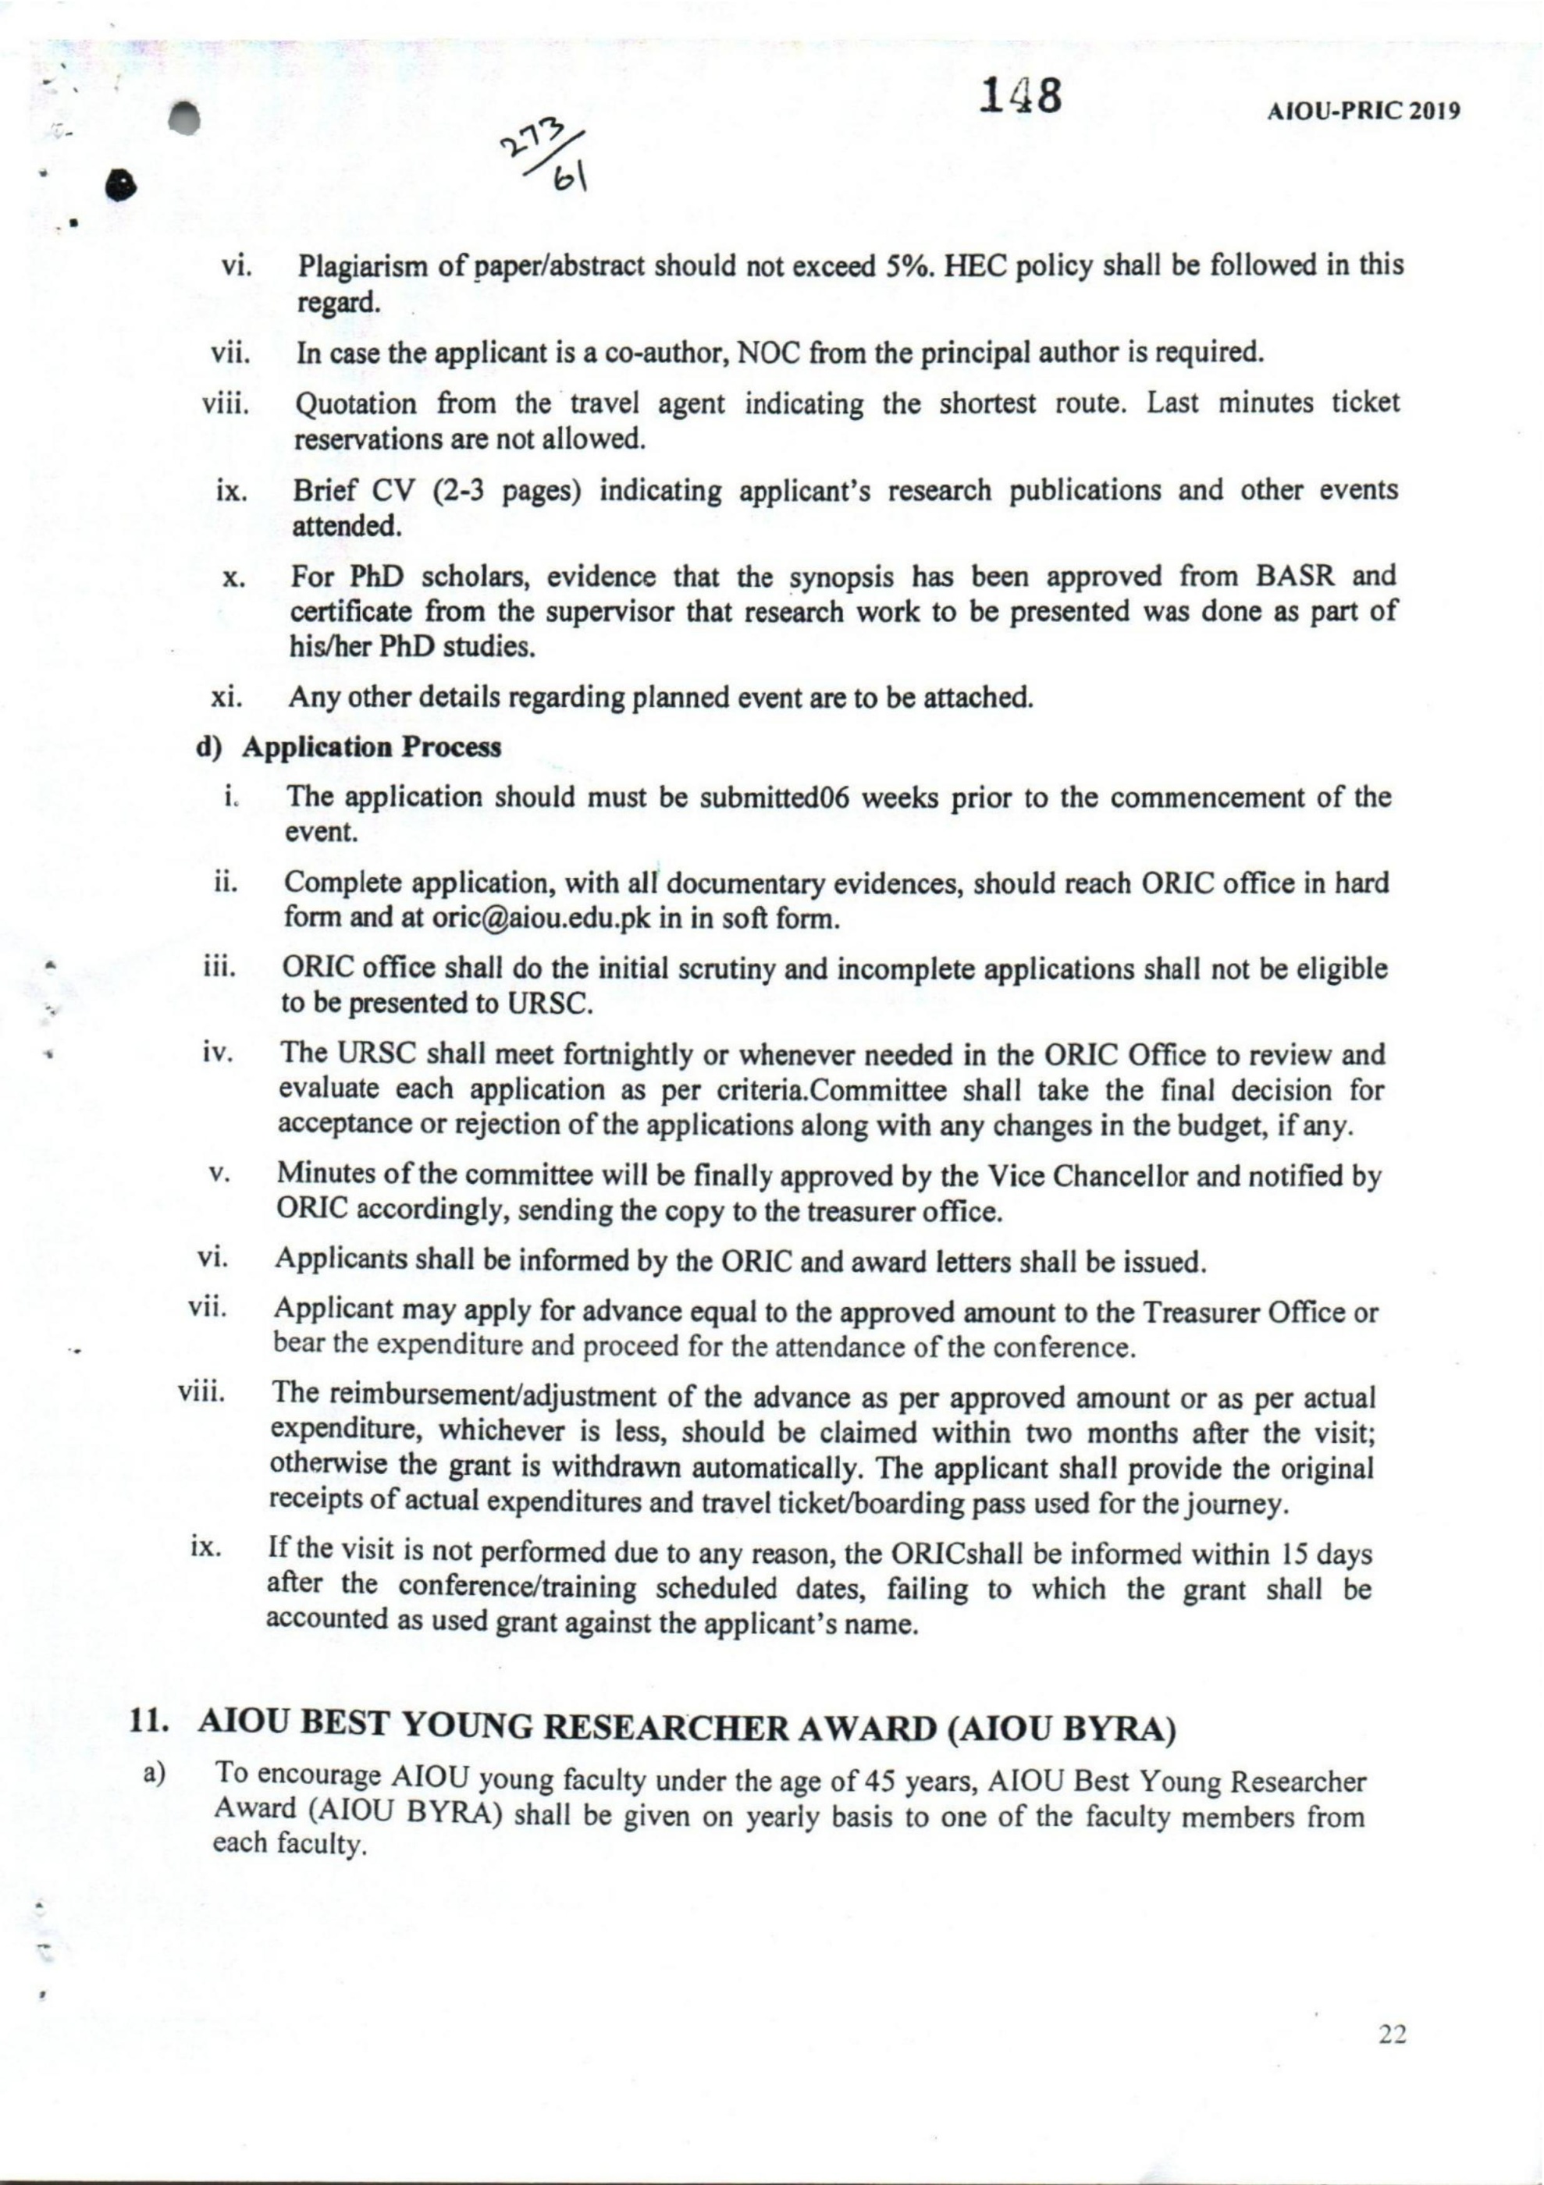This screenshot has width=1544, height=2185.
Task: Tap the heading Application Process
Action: coord(372,747)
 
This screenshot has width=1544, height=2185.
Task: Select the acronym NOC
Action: coord(765,353)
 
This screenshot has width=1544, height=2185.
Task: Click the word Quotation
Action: coord(356,404)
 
